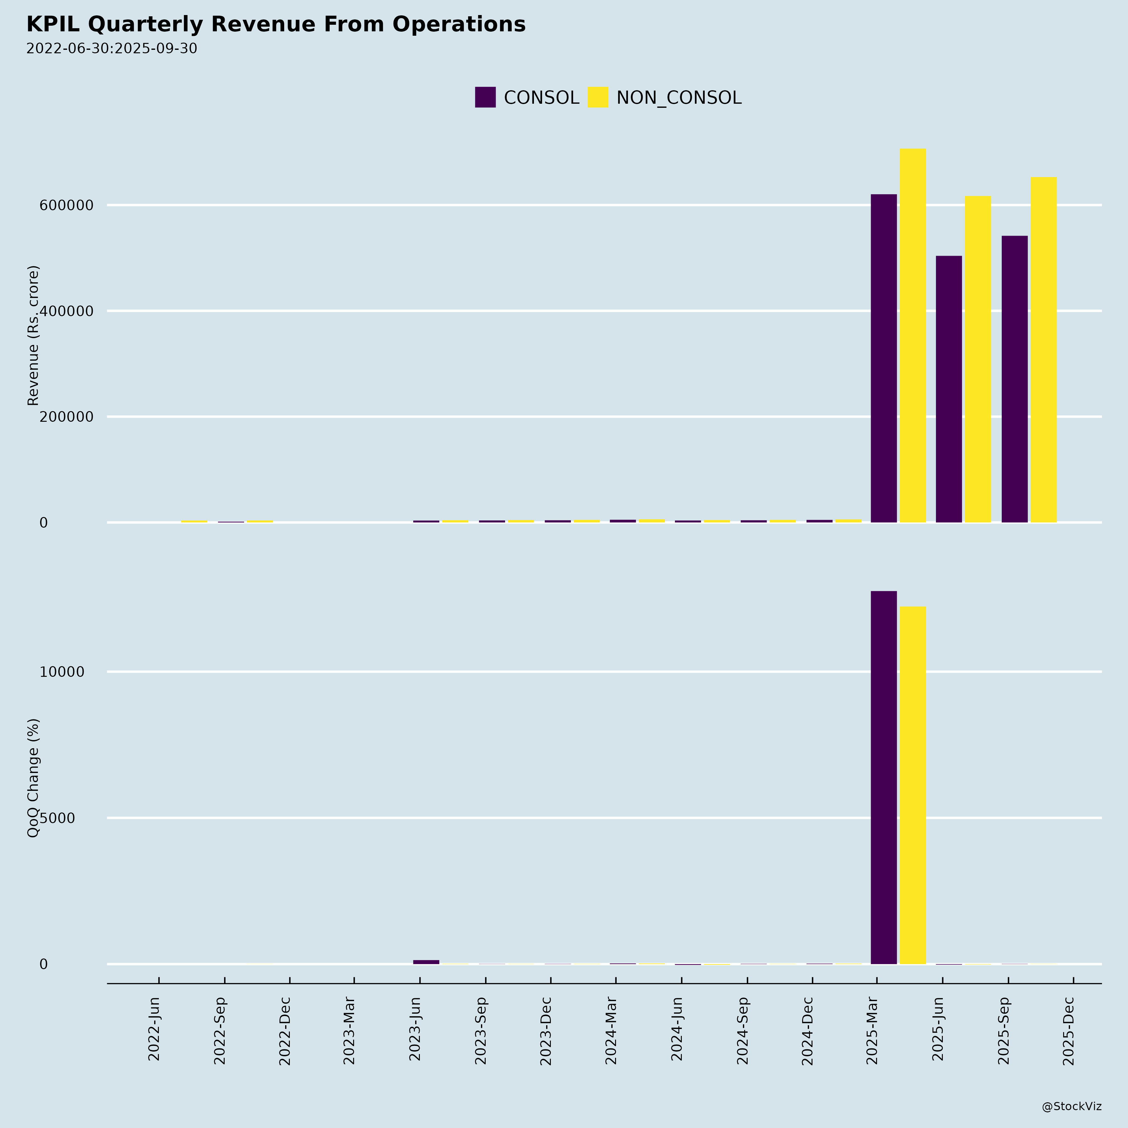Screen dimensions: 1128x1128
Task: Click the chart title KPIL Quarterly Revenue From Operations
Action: click(x=276, y=24)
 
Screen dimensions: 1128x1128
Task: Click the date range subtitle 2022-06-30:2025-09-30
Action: click(x=112, y=49)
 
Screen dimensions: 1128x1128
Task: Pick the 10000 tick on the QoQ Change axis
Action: click(x=62, y=672)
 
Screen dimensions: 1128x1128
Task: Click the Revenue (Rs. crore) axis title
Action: click(x=33, y=336)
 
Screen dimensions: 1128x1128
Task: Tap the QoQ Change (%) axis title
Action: click(x=33, y=778)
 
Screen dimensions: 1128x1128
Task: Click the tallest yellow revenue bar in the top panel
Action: click(x=912, y=336)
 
